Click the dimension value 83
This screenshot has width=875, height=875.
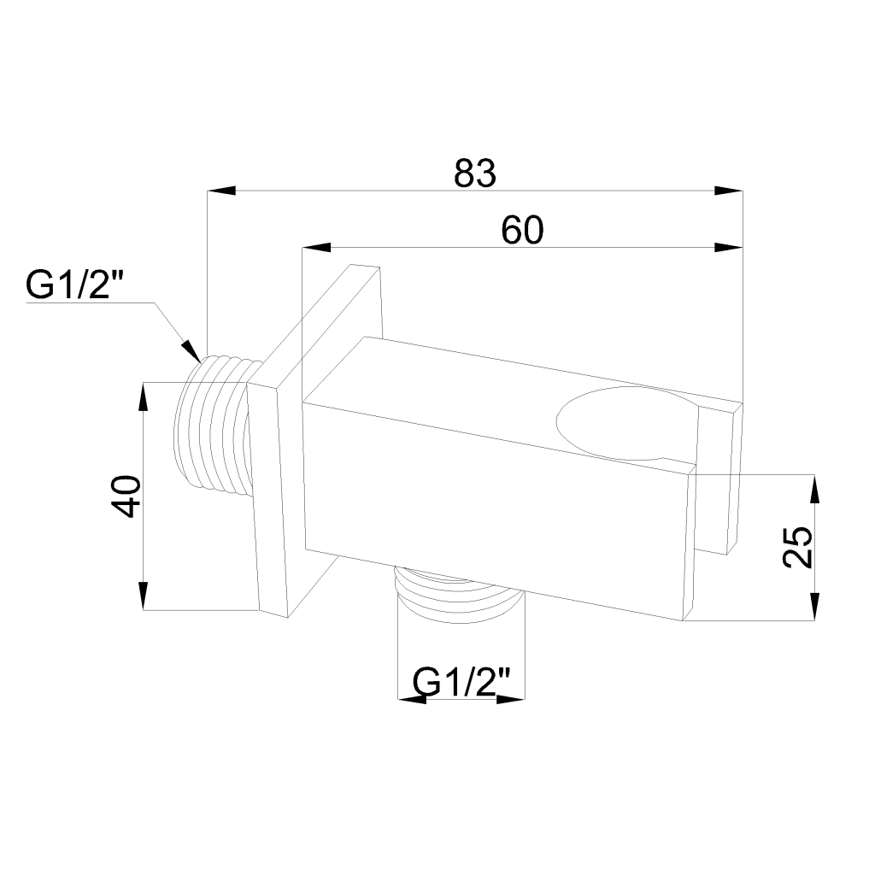pos(475,173)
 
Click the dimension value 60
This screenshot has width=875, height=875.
pos(522,230)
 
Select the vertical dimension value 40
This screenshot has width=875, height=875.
pos(126,496)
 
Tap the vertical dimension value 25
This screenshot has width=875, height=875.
pos(797,547)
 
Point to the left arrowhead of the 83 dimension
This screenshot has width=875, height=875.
pos(221,191)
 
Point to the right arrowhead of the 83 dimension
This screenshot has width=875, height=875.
pos(729,191)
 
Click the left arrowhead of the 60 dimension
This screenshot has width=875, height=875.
pos(316,247)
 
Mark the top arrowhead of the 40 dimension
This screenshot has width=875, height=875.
pos(144,396)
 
